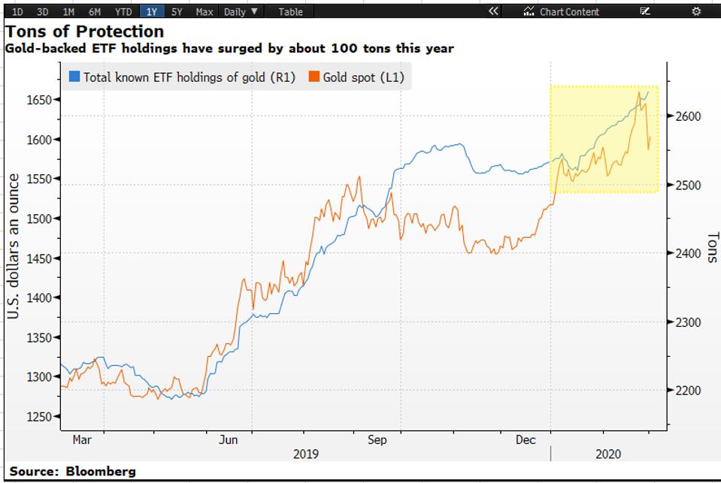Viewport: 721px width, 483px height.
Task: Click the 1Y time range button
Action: pos(151,11)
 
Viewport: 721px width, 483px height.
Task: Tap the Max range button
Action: pos(204,11)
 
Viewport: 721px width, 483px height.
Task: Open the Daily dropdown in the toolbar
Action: pos(241,11)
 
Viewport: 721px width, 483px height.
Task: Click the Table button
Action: pos(290,11)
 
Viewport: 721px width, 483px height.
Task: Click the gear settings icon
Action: pos(696,11)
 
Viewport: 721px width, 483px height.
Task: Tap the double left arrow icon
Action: pos(493,11)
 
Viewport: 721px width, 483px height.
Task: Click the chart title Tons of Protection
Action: pos(84,32)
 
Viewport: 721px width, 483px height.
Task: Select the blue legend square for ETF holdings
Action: pos(74,77)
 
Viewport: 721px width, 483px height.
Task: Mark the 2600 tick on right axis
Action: pos(688,116)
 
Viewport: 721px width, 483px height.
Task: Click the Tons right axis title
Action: pos(711,247)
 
